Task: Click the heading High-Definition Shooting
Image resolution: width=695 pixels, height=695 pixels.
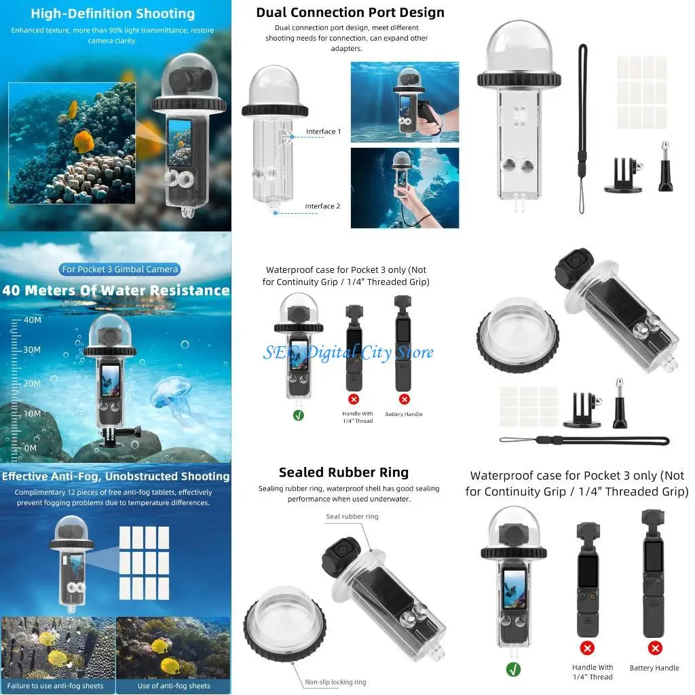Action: (113, 14)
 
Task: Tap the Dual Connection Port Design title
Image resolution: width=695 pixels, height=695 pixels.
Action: (350, 12)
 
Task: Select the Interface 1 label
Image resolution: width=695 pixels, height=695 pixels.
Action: (323, 132)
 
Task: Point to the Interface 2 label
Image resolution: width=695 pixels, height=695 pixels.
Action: (322, 206)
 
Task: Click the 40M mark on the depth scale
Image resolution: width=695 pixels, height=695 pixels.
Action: (33, 319)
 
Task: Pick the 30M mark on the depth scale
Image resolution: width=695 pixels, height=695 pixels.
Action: (33, 350)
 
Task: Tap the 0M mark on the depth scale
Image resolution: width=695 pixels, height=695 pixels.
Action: (31, 448)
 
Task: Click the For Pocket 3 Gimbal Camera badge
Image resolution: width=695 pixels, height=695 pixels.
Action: (120, 269)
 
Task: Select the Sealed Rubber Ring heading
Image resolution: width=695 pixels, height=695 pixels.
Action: (343, 472)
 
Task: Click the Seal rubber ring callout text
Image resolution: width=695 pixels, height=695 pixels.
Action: (352, 516)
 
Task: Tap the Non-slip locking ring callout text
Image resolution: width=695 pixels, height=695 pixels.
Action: (335, 682)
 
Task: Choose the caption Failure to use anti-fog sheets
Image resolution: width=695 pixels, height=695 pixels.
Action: (56, 685)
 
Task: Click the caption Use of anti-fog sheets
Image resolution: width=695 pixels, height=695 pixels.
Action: (174, 685)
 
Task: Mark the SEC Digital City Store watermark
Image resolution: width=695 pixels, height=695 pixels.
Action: (348, 352)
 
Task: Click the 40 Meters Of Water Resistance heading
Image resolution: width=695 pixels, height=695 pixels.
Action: (116, 290)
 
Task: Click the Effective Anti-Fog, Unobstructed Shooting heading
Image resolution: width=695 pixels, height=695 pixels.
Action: (115, 476)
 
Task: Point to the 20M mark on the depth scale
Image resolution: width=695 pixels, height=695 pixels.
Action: (33, 383)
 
